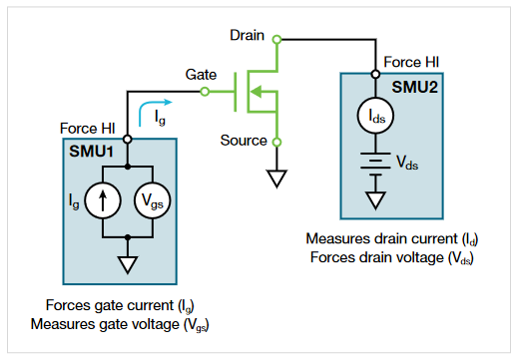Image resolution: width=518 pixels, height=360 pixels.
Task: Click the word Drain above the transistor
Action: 247,35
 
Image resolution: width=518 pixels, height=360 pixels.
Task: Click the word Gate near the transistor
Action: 203,76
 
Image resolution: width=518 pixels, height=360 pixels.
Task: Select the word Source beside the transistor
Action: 244,141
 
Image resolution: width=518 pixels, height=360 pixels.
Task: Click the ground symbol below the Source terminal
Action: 277,179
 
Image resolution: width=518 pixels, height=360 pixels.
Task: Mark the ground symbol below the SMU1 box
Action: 128,265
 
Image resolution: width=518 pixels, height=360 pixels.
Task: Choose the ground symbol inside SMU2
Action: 376,197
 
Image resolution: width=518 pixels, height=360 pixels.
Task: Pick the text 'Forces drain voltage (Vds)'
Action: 390,256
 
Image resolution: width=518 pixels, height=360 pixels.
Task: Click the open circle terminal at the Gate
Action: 206,92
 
